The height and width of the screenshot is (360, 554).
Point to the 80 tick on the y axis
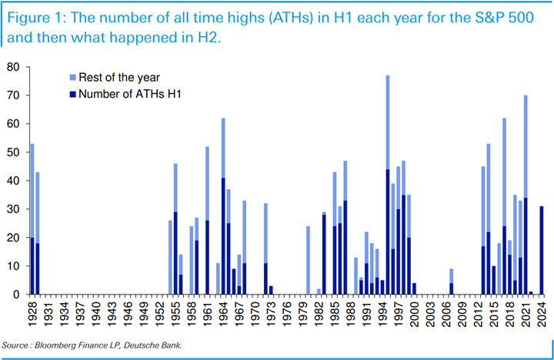[x=13, y=67]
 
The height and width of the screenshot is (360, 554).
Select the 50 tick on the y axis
[x=13, y=152]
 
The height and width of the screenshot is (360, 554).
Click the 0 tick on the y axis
[x=16, y=295]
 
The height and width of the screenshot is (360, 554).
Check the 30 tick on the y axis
[x=13, y=209]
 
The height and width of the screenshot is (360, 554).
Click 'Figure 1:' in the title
[x=37, y=16]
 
